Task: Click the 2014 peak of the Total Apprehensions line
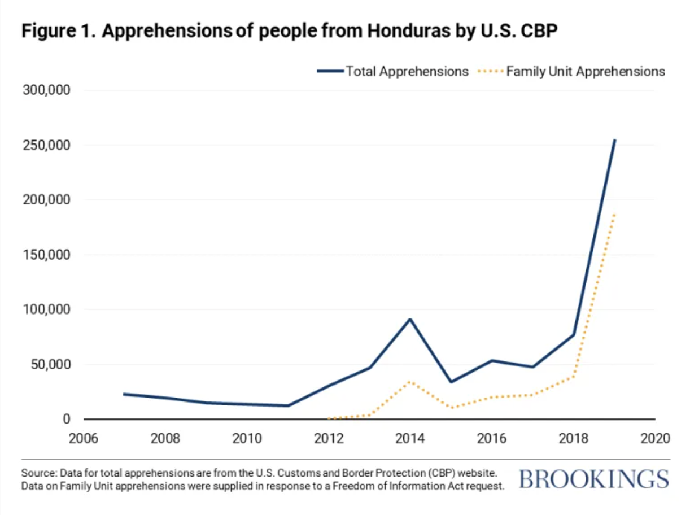[x=410, y=320]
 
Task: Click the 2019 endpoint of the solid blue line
[x=614, y=140]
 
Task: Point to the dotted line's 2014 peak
[x=410, y=381]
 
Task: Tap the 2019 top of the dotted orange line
[x=614, y=215]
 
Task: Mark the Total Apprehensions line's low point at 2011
[x=287, y=405]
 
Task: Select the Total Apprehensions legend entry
[x=392, y=71]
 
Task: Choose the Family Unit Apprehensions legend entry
[x=571, y=71]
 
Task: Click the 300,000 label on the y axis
[x=46, y=90]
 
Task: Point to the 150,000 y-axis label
[x=46, y=255]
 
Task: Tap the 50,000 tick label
[x=51, y=364]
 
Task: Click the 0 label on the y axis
[x=66, y=419]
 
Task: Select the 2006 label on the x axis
[x=84, y=438]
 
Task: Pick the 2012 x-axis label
[x=329, y=438]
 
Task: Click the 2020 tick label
[x=656, y=438]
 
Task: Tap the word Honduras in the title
[x=409, y=31]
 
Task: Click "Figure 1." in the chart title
[x=59, y=31]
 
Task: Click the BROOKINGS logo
[x=594, y=479]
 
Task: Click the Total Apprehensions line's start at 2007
[x=124, y=394]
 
